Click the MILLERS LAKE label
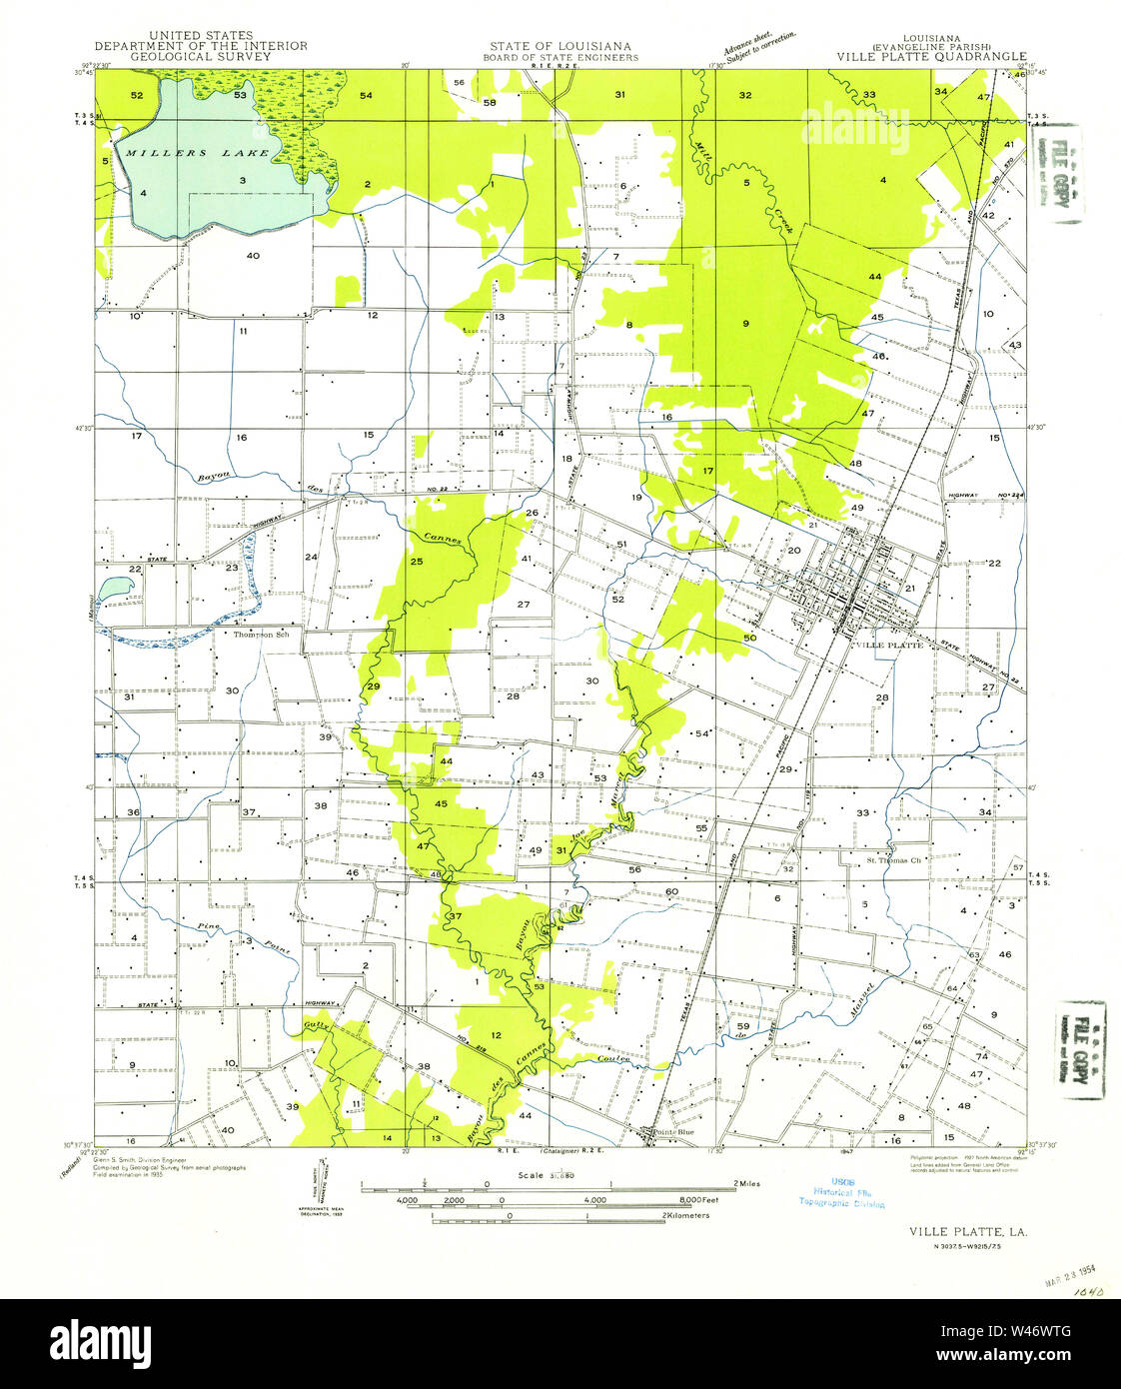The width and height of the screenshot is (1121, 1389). [x=196, y=153]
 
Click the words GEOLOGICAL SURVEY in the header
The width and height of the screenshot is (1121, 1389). [x=201, y=57]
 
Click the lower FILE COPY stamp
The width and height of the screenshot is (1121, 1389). [x=1081, y=1049]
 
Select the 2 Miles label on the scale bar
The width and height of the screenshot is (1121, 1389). [x=746, y=1183]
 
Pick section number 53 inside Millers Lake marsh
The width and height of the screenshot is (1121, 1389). [x=240, y=96]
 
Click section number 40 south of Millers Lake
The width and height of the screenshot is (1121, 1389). [x=253, y=255]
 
